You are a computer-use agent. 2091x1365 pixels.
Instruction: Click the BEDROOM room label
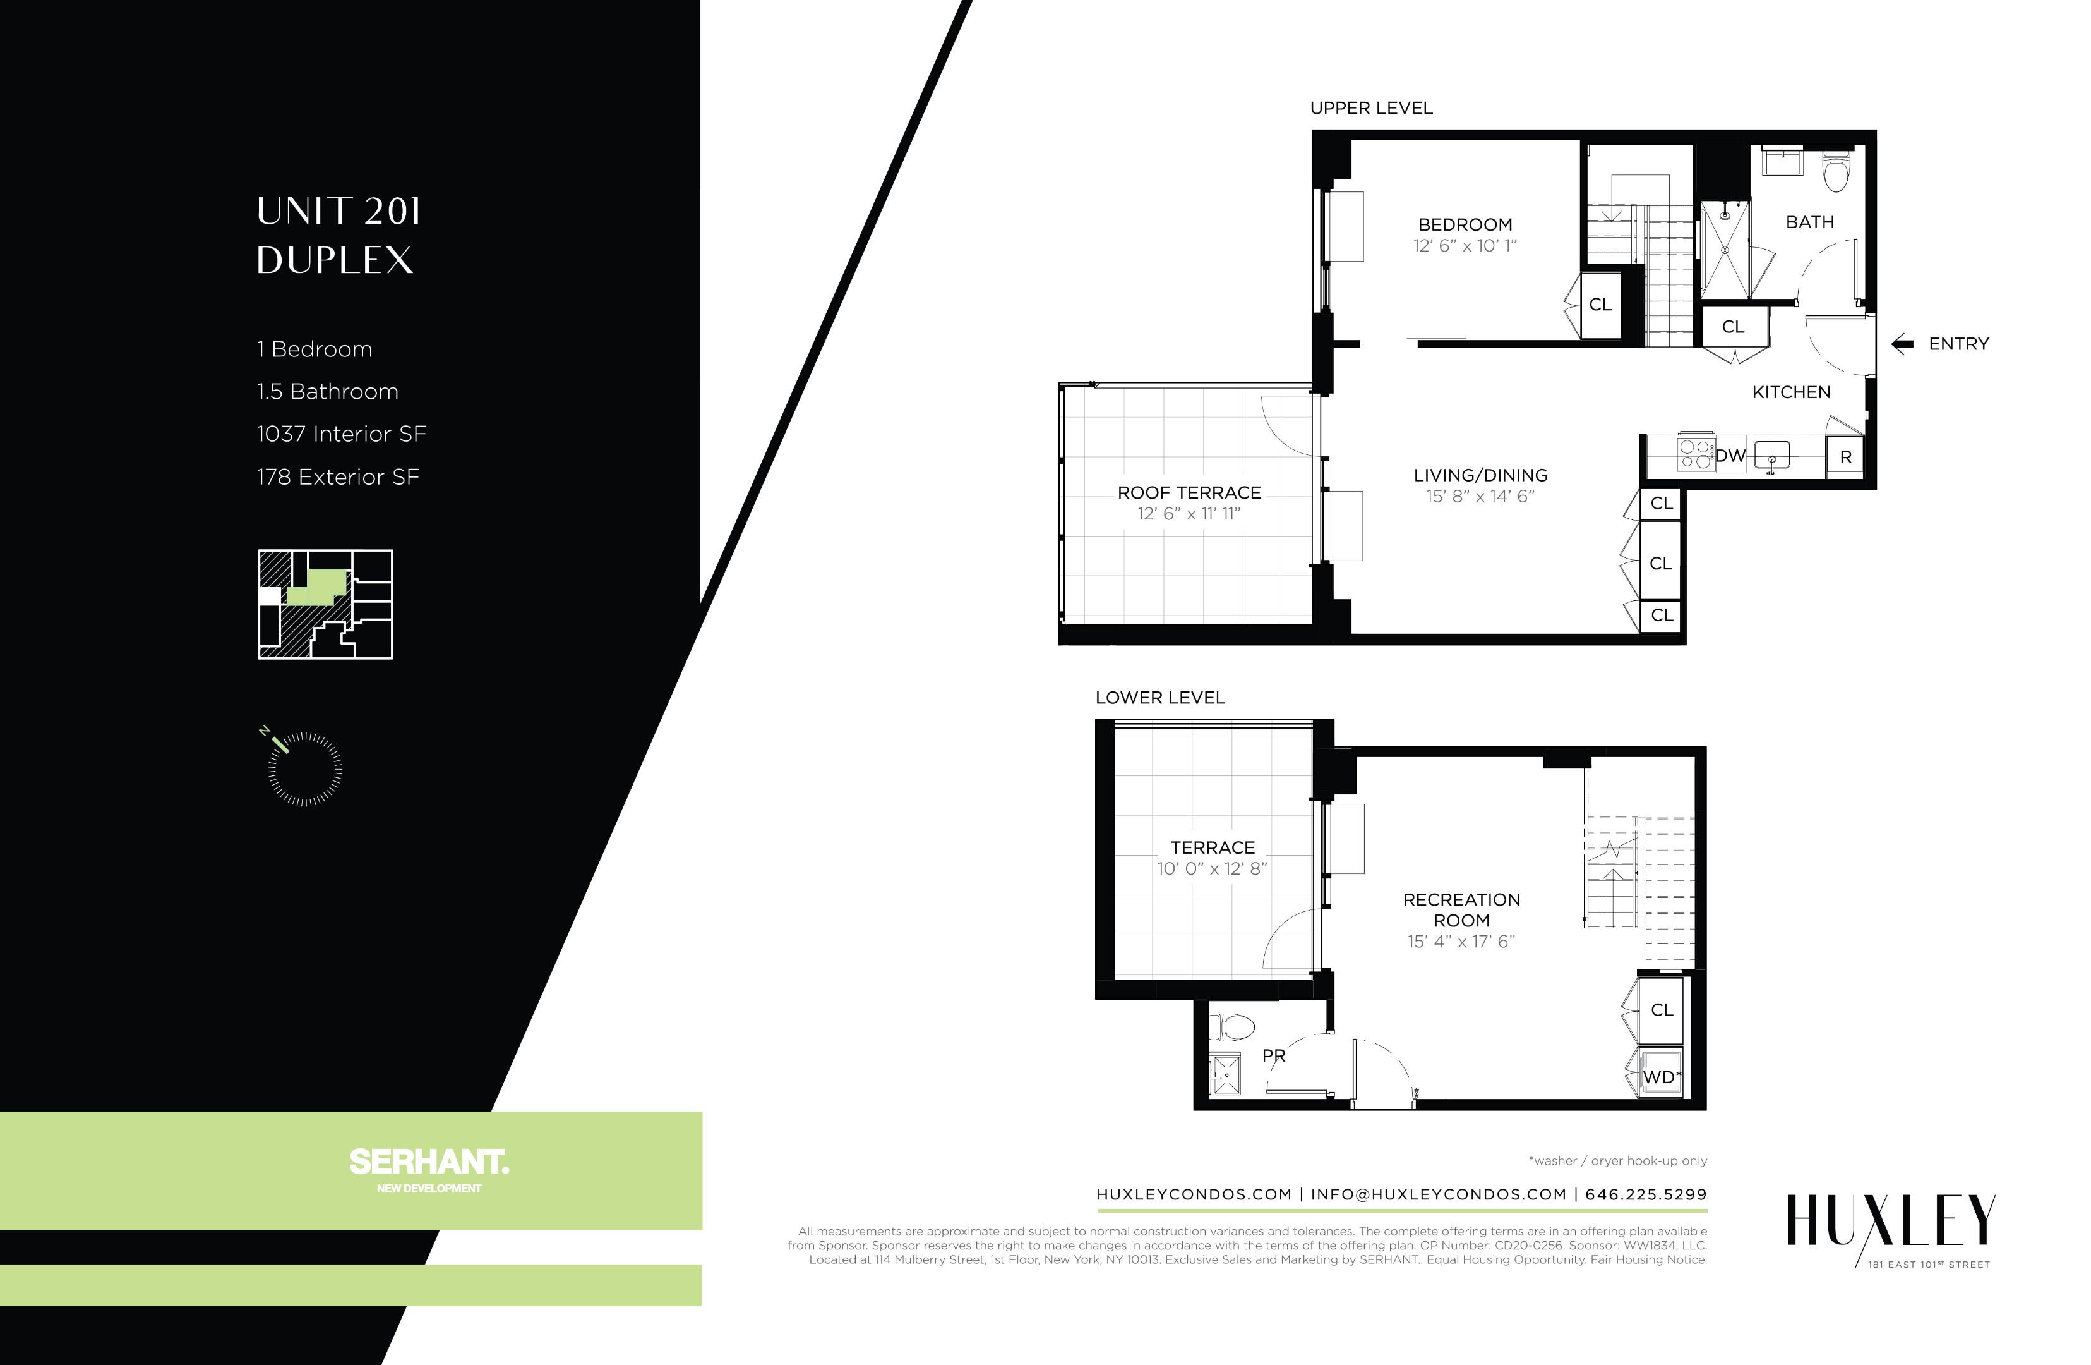tap(1465, 225)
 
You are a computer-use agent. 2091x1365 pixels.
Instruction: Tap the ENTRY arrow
tap(1902, 344)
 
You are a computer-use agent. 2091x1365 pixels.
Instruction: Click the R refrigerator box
tap(1845, 457)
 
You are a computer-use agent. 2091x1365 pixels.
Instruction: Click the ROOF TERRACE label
tap(1189, 493)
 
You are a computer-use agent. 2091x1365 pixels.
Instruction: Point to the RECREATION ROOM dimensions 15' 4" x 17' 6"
tap(1461, 942)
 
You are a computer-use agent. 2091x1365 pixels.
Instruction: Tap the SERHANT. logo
tap(429, 1162)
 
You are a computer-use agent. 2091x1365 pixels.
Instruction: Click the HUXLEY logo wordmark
tap(1891, 1221)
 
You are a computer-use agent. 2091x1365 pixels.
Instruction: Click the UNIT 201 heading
tap(339, 212)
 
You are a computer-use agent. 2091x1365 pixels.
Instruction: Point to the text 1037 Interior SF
tap(341, 434)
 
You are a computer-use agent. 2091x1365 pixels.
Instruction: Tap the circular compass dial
tap(305, 769)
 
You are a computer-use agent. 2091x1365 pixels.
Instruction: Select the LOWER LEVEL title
tap(1159, 698)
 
